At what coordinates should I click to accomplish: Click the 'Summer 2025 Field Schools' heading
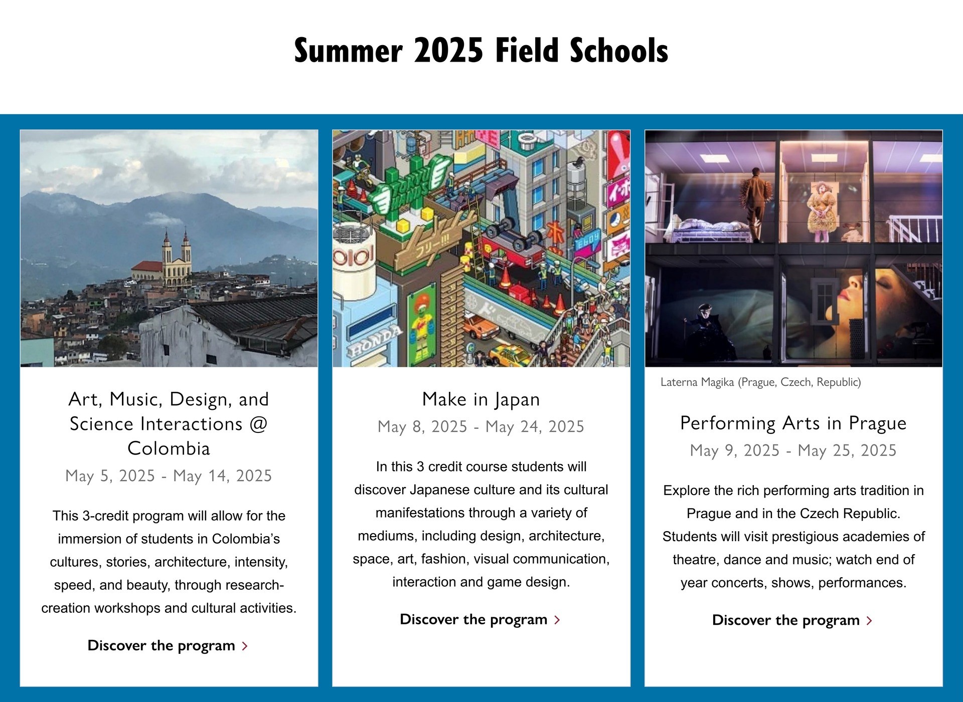pos(481,51)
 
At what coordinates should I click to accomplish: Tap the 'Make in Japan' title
pos(481,399)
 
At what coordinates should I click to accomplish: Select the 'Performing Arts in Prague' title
pos(793,423)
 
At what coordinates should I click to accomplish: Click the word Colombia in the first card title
pos(169,448)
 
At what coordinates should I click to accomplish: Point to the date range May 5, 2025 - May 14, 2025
pos(169,476)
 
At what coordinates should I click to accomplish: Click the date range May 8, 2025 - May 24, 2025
pos(481,426)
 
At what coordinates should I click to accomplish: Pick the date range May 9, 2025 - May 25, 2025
pos(793,450)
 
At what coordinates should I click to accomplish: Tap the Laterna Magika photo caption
pos(760,382)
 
